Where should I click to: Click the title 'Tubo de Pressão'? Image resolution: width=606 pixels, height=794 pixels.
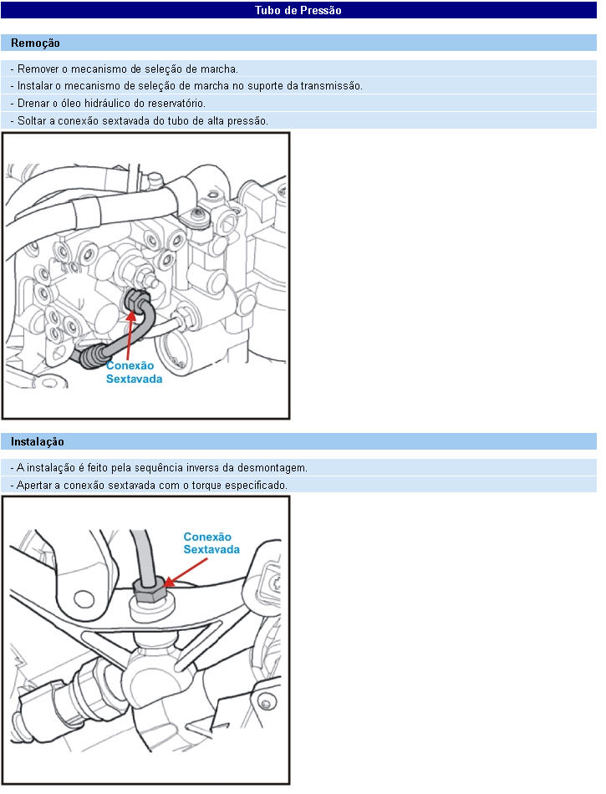[298, 10]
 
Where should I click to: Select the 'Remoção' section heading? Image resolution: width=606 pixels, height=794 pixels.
[35, 43]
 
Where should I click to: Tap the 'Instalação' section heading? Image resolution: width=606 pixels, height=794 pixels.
[38, 441]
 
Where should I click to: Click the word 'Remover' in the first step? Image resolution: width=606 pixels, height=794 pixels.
[38, 69]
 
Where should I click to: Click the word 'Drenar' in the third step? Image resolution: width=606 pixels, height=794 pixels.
[33, 104]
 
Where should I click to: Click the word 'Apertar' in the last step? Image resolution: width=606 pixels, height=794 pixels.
[34, 485]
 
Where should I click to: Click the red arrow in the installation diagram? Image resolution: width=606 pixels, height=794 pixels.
[186, 573]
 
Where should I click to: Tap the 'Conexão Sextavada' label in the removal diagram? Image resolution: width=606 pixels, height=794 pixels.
[134, 372]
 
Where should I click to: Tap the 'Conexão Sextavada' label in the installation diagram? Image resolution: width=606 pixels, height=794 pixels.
[211, 542]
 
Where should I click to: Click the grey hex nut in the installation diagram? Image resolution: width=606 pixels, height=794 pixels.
[150, 590]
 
